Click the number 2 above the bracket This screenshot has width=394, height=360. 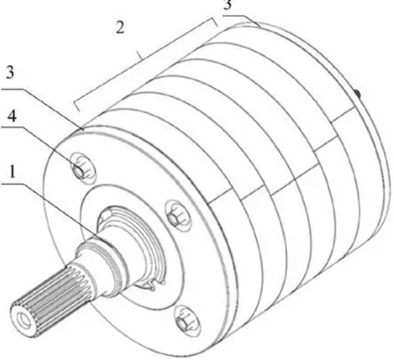(x=120, y=28)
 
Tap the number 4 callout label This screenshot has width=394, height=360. (x=12, y=116)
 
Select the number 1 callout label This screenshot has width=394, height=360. (x=12, y=172)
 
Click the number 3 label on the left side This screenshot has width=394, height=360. (x=9, y=73)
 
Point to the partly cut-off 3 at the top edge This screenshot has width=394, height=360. (x=228, y=5)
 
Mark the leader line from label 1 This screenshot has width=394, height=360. (x=56, y=211)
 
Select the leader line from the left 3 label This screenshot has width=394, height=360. (x=42, y=109)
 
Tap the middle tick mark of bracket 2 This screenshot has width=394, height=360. (x=139, y=56)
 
